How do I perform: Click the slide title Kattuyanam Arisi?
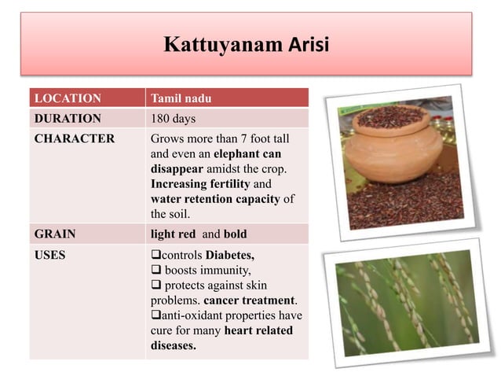click(x=247, y=43)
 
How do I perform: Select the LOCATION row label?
click(x=67, y=98)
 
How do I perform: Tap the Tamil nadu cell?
click(x=181, y=98)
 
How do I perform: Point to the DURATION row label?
click(x=67, y=119)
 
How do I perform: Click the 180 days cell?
click(x=174, y=119)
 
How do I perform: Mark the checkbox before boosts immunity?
click(x=155, y=271)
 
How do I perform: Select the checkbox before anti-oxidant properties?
click(x=155, y=315)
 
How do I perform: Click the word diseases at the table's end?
click(x=173, y=345)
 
